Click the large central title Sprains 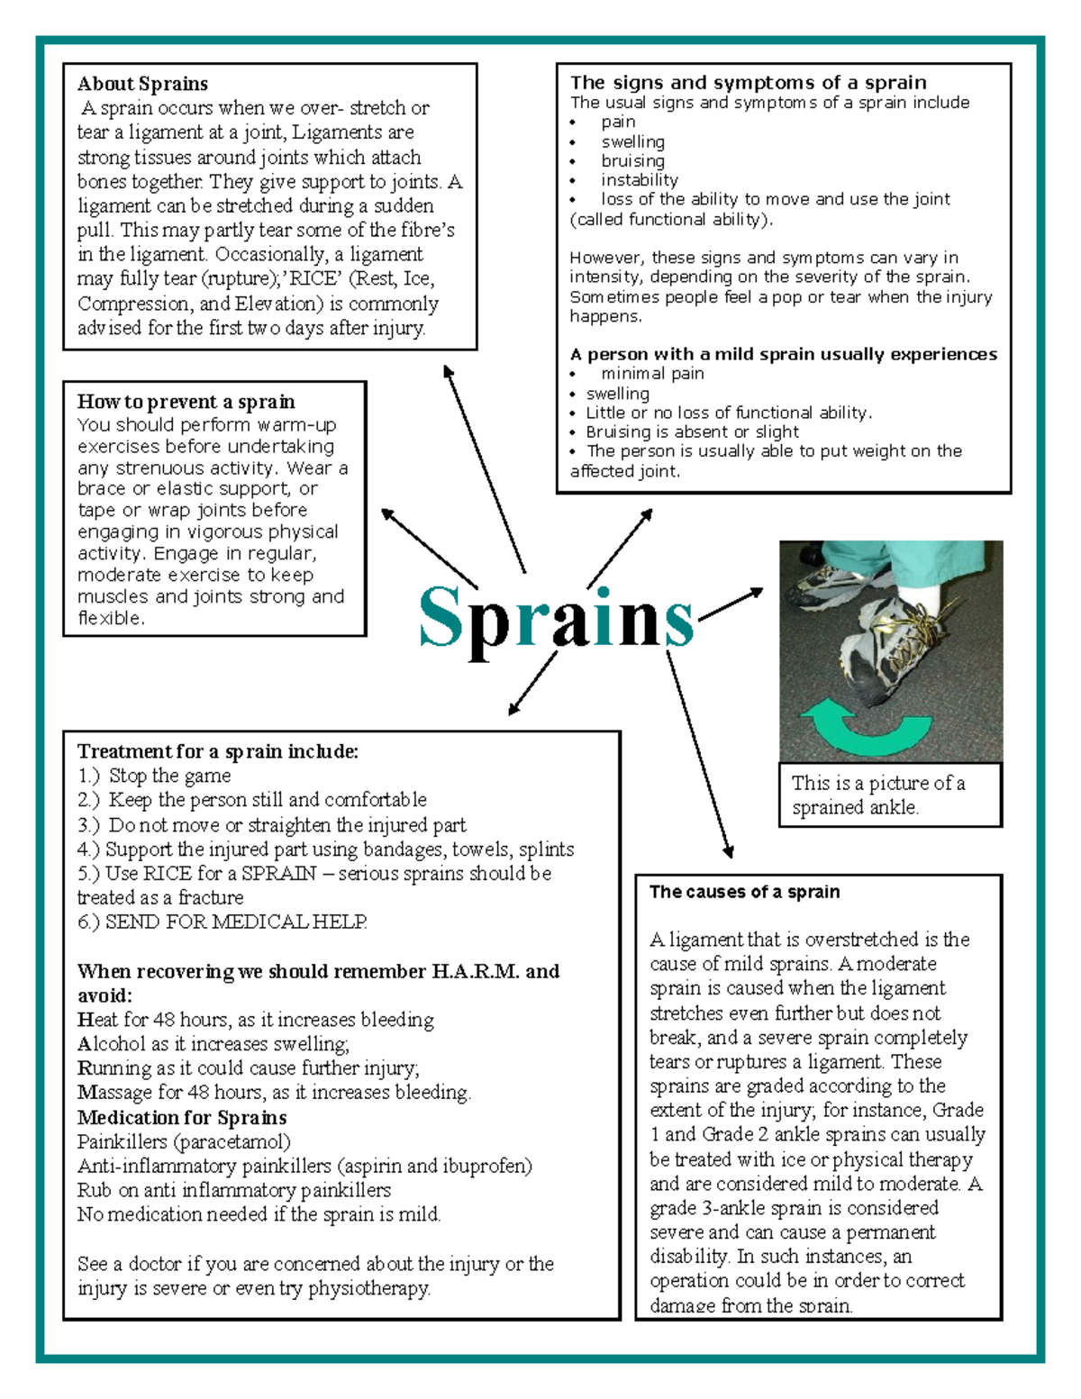(556, 618)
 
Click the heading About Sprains (142, 84)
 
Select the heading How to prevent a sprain (186, 402)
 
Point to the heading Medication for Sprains (182, 1118)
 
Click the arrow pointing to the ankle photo (731, 604)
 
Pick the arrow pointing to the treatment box (532, 684)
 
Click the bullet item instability (640, 180)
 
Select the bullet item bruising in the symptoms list (632, 161)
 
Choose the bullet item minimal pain (652, 374)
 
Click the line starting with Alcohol (213, 1044)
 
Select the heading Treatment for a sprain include (217, 751)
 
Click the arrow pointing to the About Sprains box (484, 468)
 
